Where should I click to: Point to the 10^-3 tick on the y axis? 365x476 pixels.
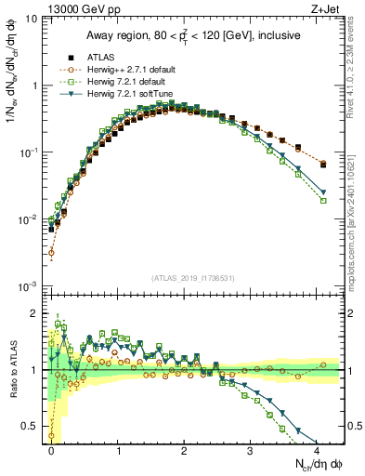tap(29, 286)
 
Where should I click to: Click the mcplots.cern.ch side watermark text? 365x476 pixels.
tap(356, 214)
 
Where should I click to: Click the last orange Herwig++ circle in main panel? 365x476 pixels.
tap(322, 164)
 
